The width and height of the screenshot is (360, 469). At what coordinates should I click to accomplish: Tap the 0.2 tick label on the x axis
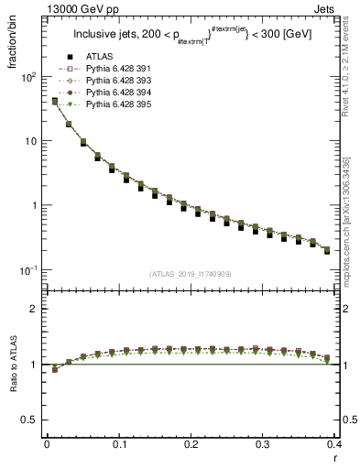tap(191, 444)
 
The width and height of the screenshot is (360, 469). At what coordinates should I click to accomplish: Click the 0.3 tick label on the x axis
tap(262, 444)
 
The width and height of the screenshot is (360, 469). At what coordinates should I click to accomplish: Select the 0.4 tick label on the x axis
tap(333, 444)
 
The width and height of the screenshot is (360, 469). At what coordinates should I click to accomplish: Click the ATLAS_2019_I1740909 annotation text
tap(189, 273)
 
